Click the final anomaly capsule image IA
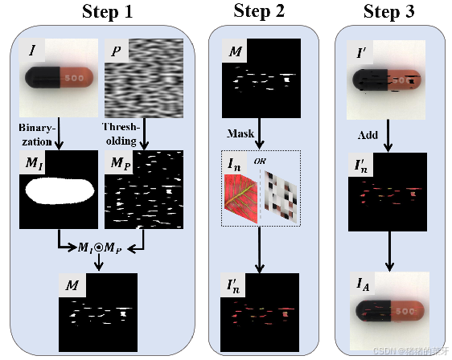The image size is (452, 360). click(x=389, y=310)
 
